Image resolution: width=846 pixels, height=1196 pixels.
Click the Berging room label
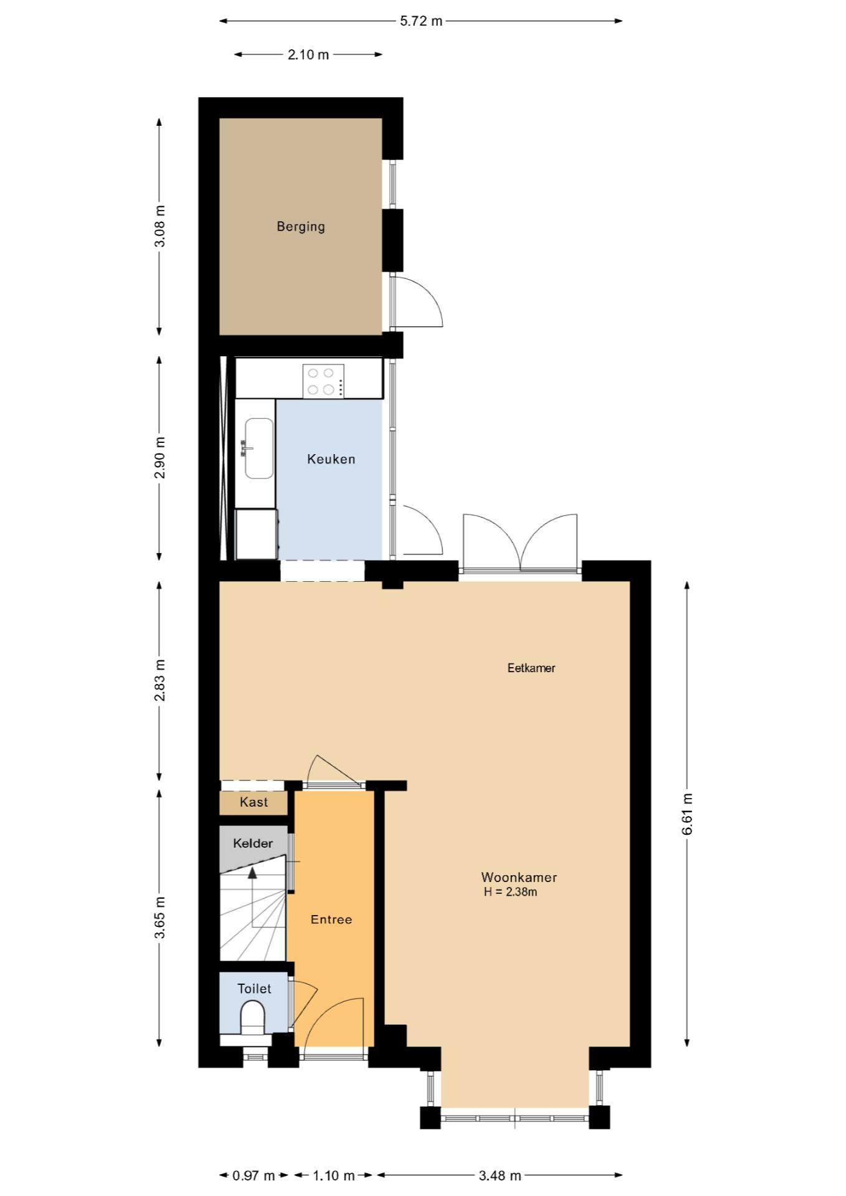301,227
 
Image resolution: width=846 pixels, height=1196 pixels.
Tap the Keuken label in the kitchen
331,459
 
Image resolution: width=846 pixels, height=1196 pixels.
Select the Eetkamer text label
531,668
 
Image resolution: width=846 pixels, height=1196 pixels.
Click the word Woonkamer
519,877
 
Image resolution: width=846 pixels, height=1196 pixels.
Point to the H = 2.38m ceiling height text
511,892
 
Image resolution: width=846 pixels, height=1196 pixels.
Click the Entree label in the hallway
331,919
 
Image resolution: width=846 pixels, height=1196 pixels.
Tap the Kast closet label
254,802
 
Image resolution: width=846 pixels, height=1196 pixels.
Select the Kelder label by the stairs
253,843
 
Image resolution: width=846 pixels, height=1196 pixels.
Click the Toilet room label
254,989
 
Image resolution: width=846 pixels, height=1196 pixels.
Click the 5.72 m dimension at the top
421,21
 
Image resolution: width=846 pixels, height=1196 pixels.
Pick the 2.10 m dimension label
308,55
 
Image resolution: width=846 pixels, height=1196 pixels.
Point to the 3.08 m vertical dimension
160,226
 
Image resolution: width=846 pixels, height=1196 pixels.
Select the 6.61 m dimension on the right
687,814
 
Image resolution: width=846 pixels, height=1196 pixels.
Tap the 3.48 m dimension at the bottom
500,1175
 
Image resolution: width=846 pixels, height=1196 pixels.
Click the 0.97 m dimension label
254,1175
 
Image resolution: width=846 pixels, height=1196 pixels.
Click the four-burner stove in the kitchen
323,381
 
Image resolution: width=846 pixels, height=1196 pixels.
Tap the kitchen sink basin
259,448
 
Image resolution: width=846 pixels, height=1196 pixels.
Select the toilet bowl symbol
253,1017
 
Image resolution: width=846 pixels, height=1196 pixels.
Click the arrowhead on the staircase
252,873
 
